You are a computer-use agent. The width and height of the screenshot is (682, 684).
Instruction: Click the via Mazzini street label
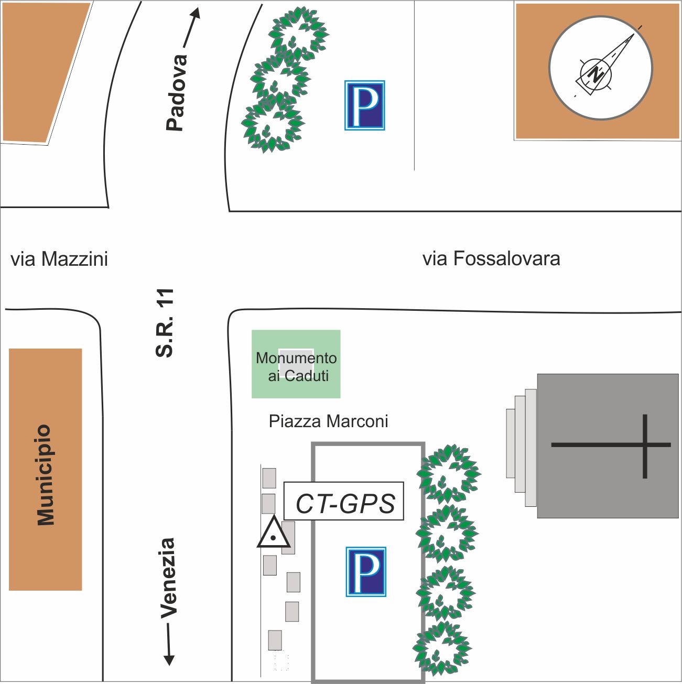(59, 259)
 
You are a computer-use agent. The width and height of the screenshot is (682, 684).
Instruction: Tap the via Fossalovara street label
(491, 258)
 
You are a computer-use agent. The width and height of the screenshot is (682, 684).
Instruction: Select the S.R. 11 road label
(165, 323)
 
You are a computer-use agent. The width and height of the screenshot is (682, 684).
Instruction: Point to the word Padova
(176, 92)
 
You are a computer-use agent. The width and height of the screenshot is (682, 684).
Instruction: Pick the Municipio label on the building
(46, 474)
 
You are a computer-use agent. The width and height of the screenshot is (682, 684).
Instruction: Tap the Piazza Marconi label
(328, 421)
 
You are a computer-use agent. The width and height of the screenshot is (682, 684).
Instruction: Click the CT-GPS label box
(344, 502)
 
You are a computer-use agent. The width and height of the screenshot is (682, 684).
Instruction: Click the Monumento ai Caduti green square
(296, 364)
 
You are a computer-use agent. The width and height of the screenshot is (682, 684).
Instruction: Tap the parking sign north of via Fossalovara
(365, 105)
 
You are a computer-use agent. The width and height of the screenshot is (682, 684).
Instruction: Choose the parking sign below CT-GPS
(366, 572)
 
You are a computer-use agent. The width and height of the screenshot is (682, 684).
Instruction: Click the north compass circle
(601, 68)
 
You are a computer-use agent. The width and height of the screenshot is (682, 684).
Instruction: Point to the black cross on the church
(644, 446)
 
